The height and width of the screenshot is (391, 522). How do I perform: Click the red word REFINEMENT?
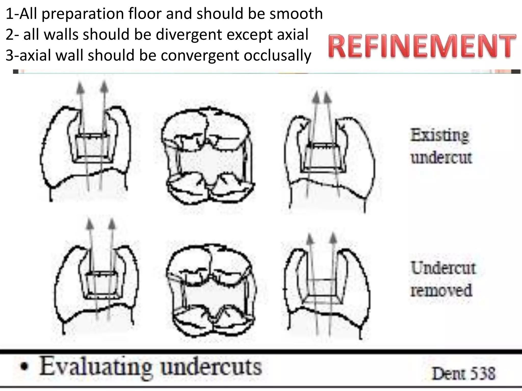422,46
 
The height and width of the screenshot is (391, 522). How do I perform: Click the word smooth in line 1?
296,14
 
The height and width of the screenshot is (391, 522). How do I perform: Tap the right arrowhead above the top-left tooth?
104,87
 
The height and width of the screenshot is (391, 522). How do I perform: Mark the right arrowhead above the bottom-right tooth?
333,238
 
